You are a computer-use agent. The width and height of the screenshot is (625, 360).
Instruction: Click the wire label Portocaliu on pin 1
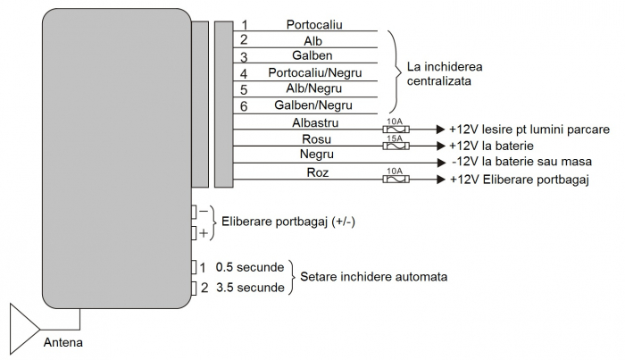click(314, 25)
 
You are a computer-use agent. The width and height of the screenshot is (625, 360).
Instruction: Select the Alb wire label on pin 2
click(312, 41)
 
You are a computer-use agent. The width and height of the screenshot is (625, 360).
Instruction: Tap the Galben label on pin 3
click(312, 56)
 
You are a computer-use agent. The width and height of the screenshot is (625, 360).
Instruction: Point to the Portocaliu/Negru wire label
click(312, 73)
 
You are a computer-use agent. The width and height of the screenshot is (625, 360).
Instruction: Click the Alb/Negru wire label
click(312, 89)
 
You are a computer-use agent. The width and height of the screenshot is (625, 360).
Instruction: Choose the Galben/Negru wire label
click(312, 105)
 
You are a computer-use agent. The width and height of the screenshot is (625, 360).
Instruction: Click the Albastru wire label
click(314, 122)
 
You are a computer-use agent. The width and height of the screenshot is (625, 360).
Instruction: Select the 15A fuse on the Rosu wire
click(395, 144)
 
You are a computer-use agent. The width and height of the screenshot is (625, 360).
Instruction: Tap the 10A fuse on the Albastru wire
click(395, 129)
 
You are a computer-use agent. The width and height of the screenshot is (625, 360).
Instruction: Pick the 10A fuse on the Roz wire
click(395, 179)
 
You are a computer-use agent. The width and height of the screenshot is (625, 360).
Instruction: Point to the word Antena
click(65, 342)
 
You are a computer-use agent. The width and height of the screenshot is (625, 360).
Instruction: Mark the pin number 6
click(244, 106)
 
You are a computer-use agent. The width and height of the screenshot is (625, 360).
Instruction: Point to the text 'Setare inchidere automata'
click(374, 277)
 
